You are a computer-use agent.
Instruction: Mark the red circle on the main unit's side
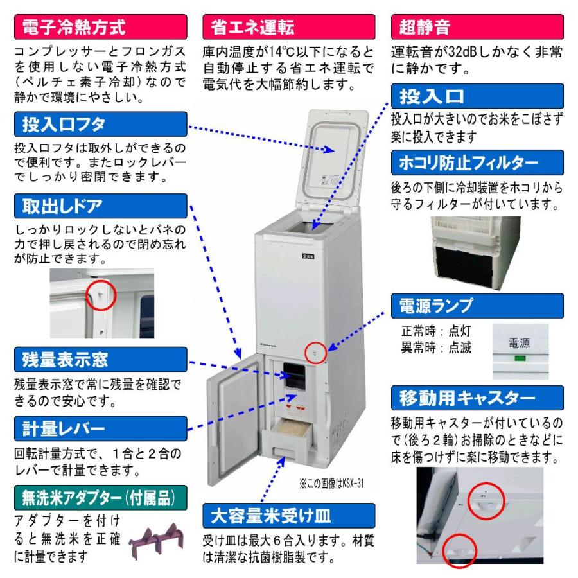click(316, 353)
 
